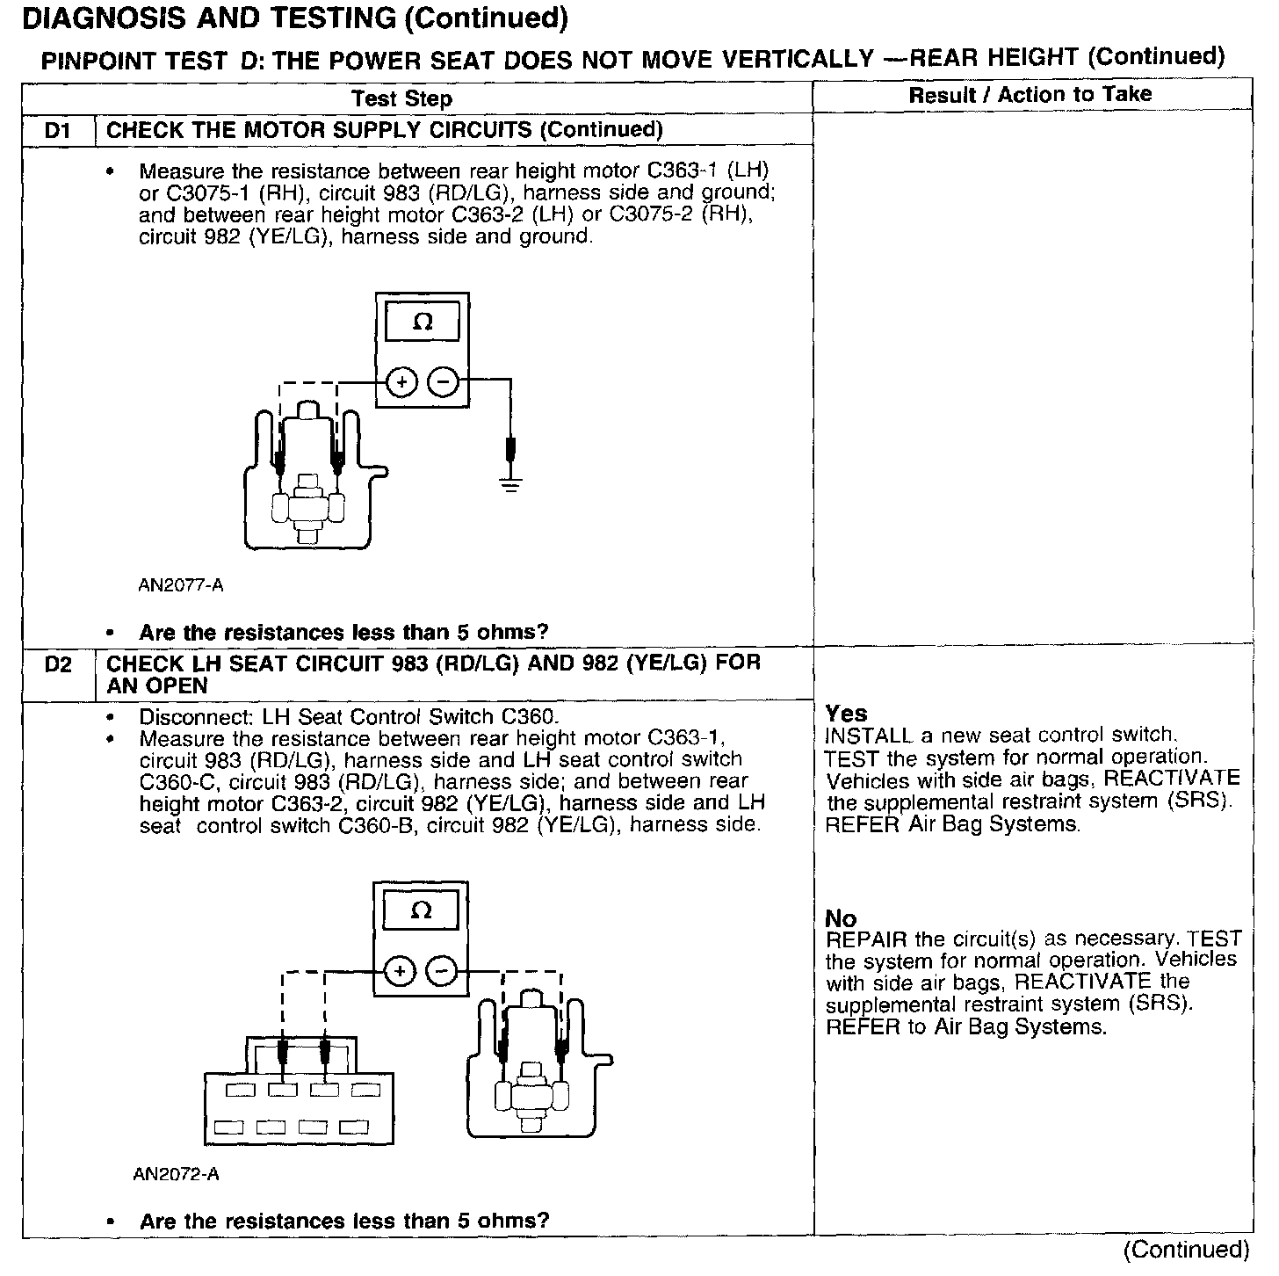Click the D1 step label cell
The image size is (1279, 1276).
tap(57, 131)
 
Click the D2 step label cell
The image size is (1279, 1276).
tap(57, 664)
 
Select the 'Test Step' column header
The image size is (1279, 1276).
tap(401, 98)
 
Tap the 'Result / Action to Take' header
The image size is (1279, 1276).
tap(1030, 95)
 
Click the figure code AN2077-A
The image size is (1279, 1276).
tap(181, 585)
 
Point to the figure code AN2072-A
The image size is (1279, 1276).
tap(177, 1174)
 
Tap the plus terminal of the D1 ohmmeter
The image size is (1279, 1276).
tap(401, 382)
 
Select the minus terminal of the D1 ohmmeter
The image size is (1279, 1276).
tap(443, 382)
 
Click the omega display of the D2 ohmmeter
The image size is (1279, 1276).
tap(422, 911)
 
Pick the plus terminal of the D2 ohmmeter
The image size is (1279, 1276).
tap(400, 971)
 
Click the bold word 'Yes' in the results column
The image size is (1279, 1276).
tap(846, 714)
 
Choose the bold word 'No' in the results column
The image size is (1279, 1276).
tap(841, 918)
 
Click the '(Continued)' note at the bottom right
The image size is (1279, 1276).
tap(1185, 1250)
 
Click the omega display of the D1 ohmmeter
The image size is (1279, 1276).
tap(423, 323)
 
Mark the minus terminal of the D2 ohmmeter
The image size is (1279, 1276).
tap(441, 971)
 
